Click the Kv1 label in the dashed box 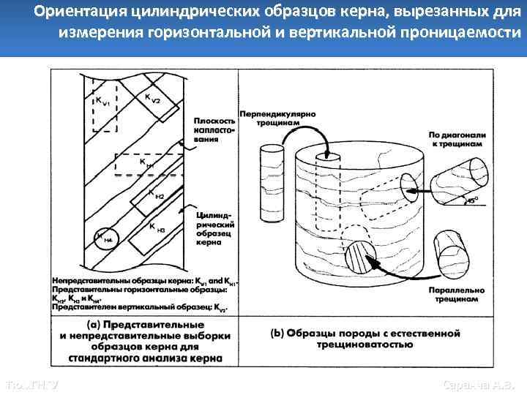point(102,102)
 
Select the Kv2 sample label point(152,98)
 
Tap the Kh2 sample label point(156,195)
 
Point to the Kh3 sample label point(157,229)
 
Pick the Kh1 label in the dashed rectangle point(146,163)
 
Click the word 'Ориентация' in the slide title point(75,12)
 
